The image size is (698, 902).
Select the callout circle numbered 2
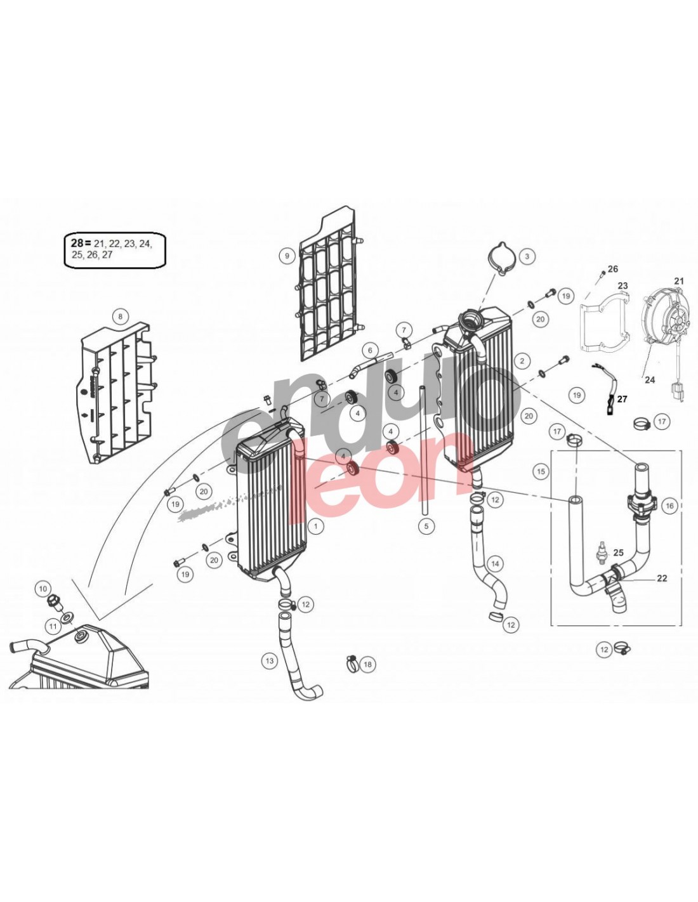(x=522, y=361)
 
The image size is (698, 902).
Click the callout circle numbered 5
(x=426, y=526)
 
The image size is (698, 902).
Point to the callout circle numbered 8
(x=119, y=316)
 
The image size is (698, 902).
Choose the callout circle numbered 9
(x=287, y=256)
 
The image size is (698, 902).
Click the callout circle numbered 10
(x=43, y=589)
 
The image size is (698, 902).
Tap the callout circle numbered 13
(x=270, y=661)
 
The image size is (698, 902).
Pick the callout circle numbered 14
(x=494, y=563)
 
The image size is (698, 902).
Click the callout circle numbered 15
(x=541, y=472)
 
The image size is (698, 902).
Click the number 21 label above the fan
(x=679, y=281)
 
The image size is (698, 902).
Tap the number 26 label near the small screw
(x=612, y=269)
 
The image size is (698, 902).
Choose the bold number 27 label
(x=622, y=399)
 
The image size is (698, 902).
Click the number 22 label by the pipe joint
(x=662, y=578)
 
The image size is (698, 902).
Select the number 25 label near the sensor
(x=619, y=553)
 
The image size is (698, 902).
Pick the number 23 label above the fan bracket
(x=622, y=285)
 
